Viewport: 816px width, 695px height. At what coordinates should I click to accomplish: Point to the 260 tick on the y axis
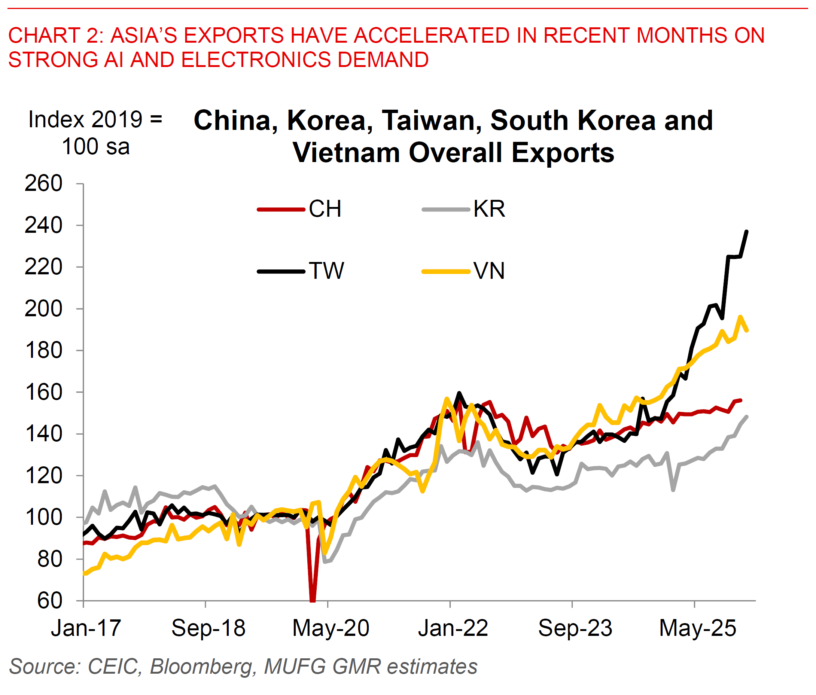[x=43, y=183]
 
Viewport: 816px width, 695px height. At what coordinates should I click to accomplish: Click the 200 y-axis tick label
[x=43, y=309]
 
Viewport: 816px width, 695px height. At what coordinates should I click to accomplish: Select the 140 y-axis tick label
[x=43, y=434]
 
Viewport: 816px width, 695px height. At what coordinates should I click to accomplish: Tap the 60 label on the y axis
[x=50, y=601]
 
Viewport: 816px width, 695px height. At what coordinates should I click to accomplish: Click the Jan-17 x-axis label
[x=86, y=628]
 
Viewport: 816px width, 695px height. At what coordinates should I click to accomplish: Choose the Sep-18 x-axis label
[x=208, y=628]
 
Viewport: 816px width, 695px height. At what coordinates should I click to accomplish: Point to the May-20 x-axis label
[x=331, y=628]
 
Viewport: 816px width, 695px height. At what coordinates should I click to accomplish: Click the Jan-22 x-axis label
[x=453, y=628]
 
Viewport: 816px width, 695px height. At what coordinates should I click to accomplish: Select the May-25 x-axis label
[x=697, y=628]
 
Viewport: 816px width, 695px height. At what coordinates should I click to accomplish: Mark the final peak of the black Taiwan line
[x=747, y=232]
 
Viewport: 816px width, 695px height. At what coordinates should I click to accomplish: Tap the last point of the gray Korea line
[x=747, y=417]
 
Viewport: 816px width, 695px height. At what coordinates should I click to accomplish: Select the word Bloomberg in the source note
[x=201, y=667]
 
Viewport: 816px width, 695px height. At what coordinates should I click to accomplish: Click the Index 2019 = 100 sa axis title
[x=95, y=133]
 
